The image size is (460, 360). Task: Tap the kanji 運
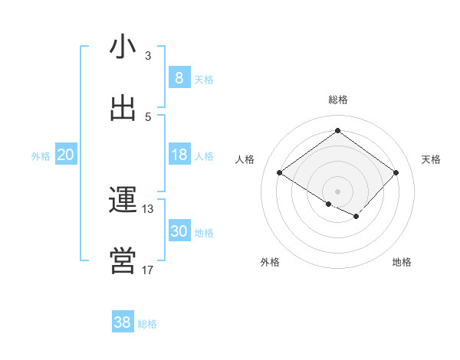pos(123,200)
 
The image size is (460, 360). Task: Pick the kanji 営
pos(123,261)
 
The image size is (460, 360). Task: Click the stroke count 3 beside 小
pos(147,55)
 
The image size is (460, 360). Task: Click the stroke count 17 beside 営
pos(147,270)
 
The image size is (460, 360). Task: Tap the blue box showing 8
pos(179,77)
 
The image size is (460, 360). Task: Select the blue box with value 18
pos(179,155)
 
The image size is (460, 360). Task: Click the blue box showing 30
pos(179,231)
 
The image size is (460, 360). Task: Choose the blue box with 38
pos(123,322)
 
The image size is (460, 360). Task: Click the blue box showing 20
pos(65,155)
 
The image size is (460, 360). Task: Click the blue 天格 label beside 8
pos(204,80)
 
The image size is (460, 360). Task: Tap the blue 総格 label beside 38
pos(148,325)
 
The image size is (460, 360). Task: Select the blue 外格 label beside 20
pos(41,157)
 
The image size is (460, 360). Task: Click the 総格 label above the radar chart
pos(338,100)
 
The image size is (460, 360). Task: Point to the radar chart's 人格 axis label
pos(245,159)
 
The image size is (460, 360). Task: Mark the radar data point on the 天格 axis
pos(396,173)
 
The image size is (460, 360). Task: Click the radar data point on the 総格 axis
pos(337,130)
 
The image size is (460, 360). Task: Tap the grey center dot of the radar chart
pos(337,191)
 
